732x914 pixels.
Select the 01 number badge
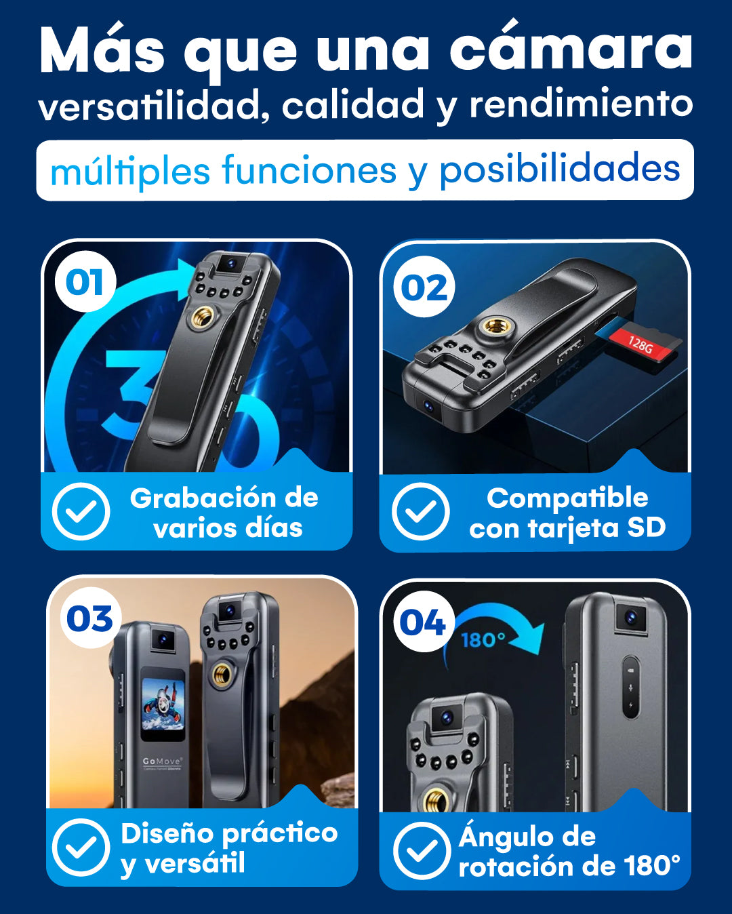coord(85,281)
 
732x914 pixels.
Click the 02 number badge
coord(424,287)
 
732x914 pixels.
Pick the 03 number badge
coord(90,618)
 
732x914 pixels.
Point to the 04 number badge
coord(422,622)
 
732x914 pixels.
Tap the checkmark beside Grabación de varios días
coord(81,511)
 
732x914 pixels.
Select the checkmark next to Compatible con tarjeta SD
coord(420,511)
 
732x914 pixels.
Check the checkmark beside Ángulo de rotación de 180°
coord(421,851)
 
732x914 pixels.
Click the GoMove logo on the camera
coord(162,761)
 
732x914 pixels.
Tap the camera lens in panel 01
coord(231,263)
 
